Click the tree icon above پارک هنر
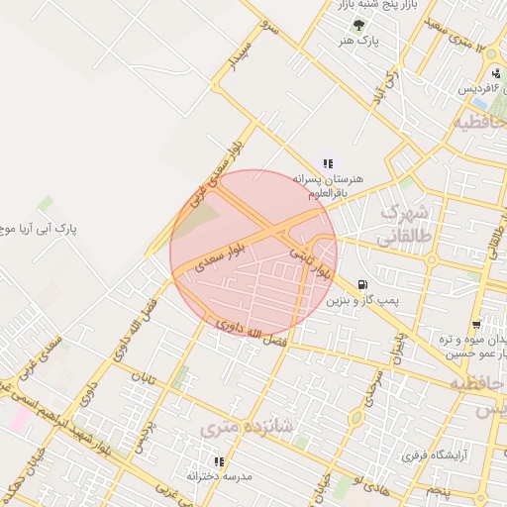point(359,25)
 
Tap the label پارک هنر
point(358,42)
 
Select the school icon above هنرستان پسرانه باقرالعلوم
point(328,163)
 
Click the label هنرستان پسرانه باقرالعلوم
point(328,186)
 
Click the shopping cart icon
point(476,324)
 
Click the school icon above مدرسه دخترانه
point(219,460)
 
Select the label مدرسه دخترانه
point(216,476)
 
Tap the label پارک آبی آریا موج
point(40,228)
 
